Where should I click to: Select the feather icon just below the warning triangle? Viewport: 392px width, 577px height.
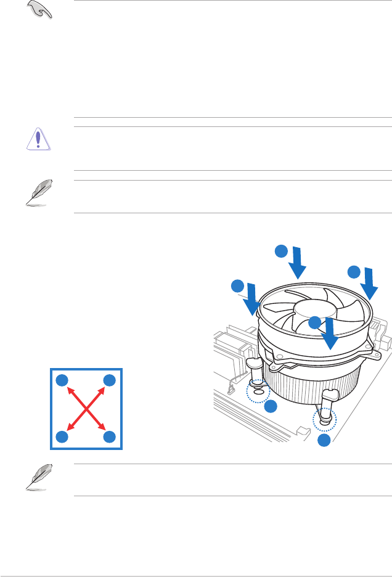pos(36,192)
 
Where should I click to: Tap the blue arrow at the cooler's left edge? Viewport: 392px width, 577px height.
pos(252,297)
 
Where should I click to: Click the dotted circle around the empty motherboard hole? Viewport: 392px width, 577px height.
pos(258,391)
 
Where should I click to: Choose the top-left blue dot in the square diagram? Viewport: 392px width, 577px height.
pos(61,380)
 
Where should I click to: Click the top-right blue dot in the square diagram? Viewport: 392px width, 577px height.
pos(110,380)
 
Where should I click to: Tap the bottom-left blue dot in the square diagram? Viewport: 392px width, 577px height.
pos(61,436)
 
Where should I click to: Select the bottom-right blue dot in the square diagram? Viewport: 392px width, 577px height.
pos(110,436)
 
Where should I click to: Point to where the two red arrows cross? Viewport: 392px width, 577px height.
pos(86,408)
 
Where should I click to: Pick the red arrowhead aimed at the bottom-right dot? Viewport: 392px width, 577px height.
pos(102,427)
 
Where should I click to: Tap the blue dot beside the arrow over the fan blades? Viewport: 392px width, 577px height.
pos(314,322)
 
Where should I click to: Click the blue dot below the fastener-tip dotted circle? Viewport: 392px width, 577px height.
pos(324,440)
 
